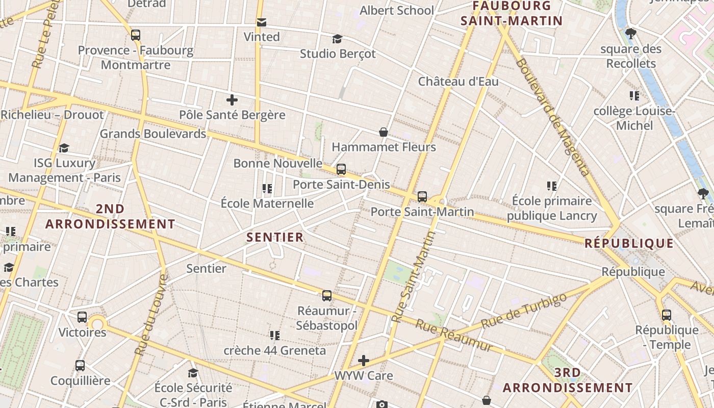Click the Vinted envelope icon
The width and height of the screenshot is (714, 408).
click(x=262, y=22)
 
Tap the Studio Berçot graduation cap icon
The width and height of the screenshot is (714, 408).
click(x=337, y=39)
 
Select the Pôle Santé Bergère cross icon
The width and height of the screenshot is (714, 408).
click(x=232, y=99)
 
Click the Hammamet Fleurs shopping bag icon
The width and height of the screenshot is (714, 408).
click(x=384, y=133)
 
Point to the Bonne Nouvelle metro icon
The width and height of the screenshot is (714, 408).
click(x=341, y=169)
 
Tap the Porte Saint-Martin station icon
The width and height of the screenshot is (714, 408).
click(x=422, y=197)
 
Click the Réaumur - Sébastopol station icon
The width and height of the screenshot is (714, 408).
click(x=327, y=296)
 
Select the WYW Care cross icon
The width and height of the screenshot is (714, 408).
click(x=364, y=361)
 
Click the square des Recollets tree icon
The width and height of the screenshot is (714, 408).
click(x=631, y=34)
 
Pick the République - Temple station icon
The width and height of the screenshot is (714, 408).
click(x=667, y=315)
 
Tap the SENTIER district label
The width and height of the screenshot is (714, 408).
click(x=275, y=237)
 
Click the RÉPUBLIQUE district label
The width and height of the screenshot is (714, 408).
click(x=629, y=243)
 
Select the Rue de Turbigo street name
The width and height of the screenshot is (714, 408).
click(x=524, y=311)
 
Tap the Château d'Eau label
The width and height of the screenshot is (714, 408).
click(x=458, y=82)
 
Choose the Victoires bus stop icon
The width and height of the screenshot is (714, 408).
click(x=82, y=317)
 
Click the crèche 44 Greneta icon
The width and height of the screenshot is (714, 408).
click(x=275, y=336)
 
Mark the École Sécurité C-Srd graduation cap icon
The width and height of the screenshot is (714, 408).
click(x=193, y=373)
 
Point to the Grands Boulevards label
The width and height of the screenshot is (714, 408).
click(x=153, y=134)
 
